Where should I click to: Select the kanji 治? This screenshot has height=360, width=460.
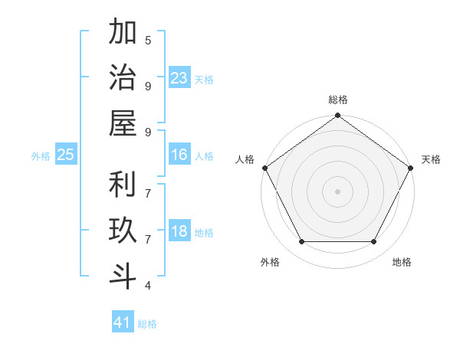[123, 78]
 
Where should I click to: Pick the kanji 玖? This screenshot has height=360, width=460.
[123, 231]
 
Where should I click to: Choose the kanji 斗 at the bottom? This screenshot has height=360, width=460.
[123, 277]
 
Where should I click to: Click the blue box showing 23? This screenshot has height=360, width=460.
[179, 78]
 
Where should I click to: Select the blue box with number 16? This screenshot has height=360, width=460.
[179, 155]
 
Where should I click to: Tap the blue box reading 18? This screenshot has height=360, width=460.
[179, 232]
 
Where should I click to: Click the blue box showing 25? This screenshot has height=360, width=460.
[65, 155]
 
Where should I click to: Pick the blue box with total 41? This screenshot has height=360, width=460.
[123, 322]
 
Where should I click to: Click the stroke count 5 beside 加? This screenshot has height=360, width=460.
[148, 40]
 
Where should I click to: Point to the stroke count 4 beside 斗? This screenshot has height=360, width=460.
[148, 286]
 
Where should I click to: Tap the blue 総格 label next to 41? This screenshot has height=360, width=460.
[147, 324]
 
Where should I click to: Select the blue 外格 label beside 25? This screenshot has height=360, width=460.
[41, 156]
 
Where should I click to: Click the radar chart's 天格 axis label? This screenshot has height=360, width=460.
[431, 159]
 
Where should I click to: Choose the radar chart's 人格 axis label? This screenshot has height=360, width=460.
[245, 159]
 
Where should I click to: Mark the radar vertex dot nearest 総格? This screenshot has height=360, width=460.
[337, 116]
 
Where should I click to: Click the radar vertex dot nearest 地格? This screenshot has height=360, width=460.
[374, 242]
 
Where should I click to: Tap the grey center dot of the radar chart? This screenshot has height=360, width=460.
[337, 191]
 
